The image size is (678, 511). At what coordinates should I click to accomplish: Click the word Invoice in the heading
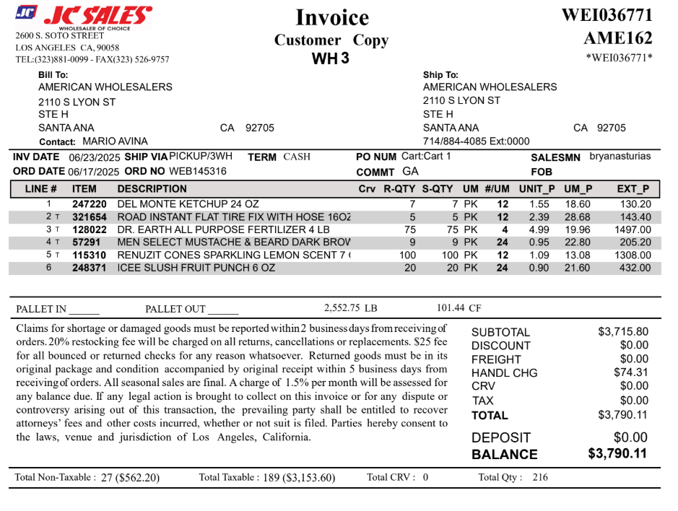(x=332, y=17)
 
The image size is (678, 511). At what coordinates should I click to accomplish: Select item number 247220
(x=90, y=204)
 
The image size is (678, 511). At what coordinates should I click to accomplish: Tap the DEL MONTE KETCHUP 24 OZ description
(x=188, y=204)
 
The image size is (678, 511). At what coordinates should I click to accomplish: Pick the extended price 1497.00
(x=634, y=230)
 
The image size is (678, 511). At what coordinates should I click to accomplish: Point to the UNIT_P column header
(x=536, y=189)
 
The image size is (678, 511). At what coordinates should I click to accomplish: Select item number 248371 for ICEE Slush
(x=90, y=268)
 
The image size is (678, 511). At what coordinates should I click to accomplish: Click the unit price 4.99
(x=539, y=230)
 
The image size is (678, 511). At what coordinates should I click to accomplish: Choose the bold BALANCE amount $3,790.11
(x=617, y=454)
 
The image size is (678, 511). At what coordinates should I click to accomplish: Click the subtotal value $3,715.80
(x=623, y=332)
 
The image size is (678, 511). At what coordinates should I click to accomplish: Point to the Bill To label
(x=53, y=74)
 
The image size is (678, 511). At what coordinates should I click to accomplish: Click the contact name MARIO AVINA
(x=116, y=141)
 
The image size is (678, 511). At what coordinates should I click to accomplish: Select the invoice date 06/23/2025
(x=95, y=157)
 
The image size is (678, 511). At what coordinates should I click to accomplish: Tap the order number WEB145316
(x=198, y=172)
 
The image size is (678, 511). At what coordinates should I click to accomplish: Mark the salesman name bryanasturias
(x=620, y=156)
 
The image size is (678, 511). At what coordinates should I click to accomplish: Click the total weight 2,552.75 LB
(x=351, y=308)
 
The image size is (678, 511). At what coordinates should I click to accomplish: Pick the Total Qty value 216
(x=539, y=477)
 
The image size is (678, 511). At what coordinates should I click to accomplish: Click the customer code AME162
(x=617, y=38)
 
